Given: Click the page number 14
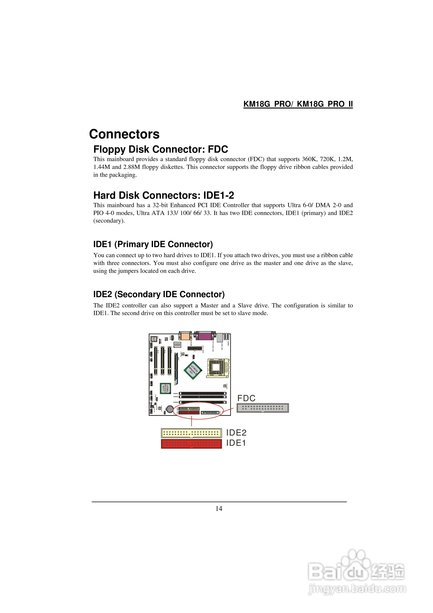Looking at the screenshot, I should pos(219,509).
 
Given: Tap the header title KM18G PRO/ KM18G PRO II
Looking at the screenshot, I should pos(298,104).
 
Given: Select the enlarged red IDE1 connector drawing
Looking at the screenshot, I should pos(191,444).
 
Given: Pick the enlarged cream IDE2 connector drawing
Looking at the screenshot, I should pos(191,433).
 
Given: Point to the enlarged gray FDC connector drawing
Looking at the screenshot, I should pos(263,408).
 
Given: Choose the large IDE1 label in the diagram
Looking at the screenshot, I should pos(236,443).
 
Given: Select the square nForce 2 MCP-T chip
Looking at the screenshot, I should pos(165,388).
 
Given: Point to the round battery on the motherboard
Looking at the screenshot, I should pos(170,408).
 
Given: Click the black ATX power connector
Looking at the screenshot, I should pos(194,348).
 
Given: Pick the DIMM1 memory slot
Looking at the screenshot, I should pos(202,393).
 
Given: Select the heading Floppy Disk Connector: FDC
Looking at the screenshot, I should pos(160,149).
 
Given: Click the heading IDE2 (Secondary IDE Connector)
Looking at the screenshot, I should pos(159,294).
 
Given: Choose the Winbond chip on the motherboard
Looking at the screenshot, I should pos(177,345).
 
